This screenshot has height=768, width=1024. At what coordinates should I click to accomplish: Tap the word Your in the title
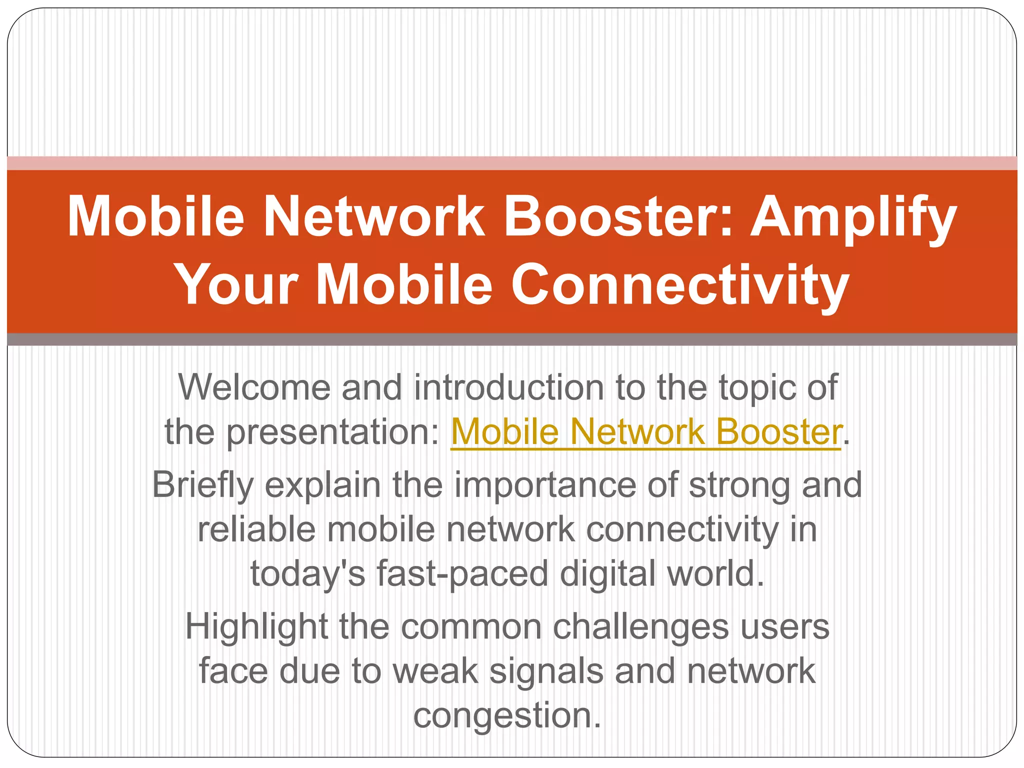(x=237, y=285)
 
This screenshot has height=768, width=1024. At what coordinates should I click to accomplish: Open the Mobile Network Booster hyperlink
(x=646, y=431)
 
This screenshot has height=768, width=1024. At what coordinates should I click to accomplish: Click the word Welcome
(x=254, y=387)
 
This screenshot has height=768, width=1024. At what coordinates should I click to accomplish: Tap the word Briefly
(x=203, y=485)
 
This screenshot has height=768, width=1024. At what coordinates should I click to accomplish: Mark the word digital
(x=607, y=573)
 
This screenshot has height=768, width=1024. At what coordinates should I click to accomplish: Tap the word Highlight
(x=256, y=627)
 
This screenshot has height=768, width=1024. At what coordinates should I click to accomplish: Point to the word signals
(x=546, y=671)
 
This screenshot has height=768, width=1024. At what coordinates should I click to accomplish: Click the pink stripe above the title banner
(x=512, y=163)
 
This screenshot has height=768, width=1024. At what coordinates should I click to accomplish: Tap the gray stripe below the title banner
(x=512, y=339)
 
